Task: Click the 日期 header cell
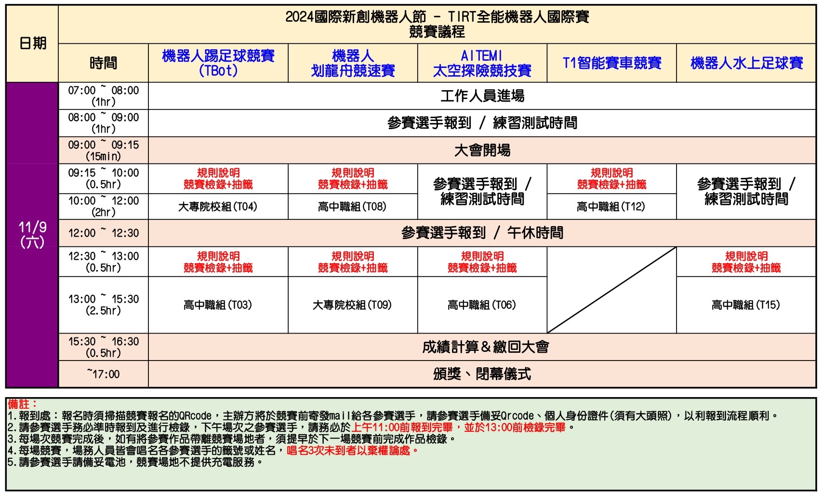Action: coord(32,43)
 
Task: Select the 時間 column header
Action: coord(103,63)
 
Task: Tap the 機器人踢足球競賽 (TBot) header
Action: coord(218,63)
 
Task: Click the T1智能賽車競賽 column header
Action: coord(611,63)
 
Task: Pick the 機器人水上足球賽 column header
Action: coord(746,63)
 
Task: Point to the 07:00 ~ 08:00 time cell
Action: coord(103,96)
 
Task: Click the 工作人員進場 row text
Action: coord(482,96)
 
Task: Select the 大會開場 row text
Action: coord(482,150)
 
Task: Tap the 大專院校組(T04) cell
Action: coord(218,207)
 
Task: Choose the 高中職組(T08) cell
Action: coord(352,207)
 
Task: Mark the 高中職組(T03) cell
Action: coord(218,305)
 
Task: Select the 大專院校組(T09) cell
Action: coord(352,305)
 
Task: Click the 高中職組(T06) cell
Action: coord(482,305)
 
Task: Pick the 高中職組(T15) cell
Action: coord(746,305)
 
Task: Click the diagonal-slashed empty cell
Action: coord(611,290)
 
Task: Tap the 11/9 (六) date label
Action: coord(32,234)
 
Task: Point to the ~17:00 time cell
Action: coord(103,374)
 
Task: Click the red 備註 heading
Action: coord(22,404)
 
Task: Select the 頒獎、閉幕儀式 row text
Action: coord(482,374)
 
